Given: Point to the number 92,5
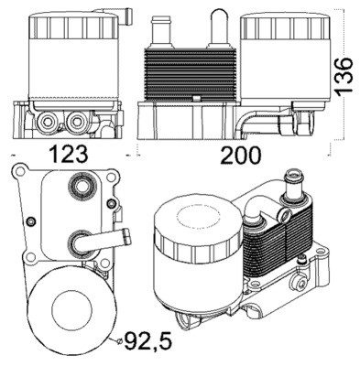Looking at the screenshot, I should click(150, 344).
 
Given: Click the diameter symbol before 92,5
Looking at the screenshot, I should click(118, 343).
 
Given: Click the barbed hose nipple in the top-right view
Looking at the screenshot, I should click(162, 29).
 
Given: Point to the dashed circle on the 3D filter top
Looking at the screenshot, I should click(195, 218).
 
